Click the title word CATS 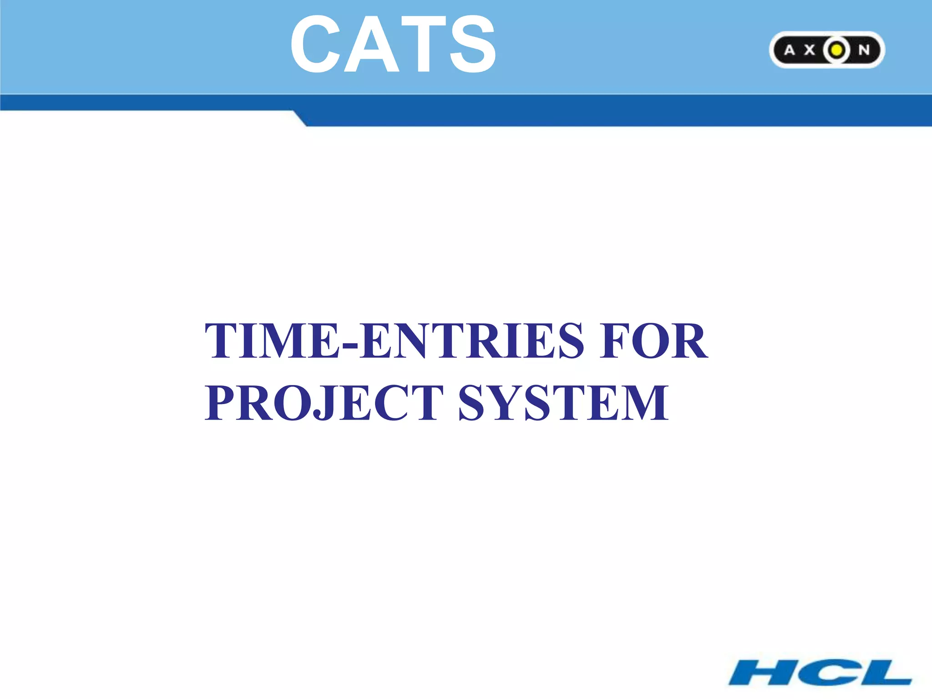coord(393,44)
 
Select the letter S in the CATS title coord(472,44)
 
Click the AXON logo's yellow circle coord(836,50)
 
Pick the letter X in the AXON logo coord(809,50)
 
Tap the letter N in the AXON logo coord(864,50)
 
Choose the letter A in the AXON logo coord(790,50)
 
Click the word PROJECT coord(324,402)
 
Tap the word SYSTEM coord(563,402)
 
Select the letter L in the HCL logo coord(885,673)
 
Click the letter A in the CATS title coord(370,44)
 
